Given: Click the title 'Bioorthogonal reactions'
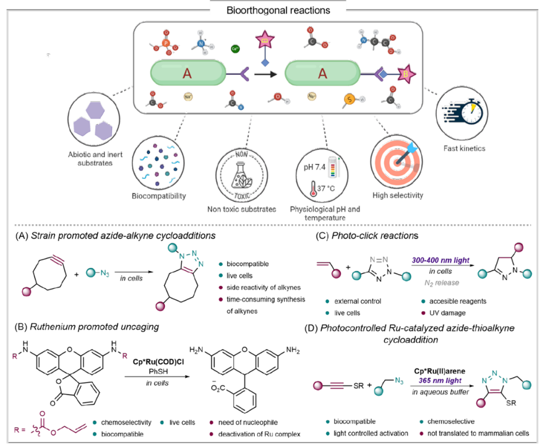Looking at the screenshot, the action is coord(278,11).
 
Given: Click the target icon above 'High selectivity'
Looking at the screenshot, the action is coord(397,161).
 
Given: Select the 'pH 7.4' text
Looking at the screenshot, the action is coord(314,167).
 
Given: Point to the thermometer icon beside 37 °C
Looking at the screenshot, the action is coord(313,189).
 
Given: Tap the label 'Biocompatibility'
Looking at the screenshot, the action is coord(159,196).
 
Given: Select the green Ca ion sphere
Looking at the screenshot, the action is coord(235,48).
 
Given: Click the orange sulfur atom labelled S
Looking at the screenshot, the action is coord(350,100).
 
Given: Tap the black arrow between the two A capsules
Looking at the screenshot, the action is coord(265,74).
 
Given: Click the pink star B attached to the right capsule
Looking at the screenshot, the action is coord(406,74).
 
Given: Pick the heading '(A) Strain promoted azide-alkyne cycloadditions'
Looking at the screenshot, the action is coord(115,236).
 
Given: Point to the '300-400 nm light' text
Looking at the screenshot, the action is coord(440,260).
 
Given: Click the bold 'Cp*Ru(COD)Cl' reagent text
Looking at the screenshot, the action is coord(158,362).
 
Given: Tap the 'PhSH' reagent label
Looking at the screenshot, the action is coord(158,372).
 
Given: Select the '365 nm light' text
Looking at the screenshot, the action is coord(440,380).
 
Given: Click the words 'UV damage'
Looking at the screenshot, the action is coord(447,313).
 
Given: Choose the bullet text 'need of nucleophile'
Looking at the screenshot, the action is coord(248,423).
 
